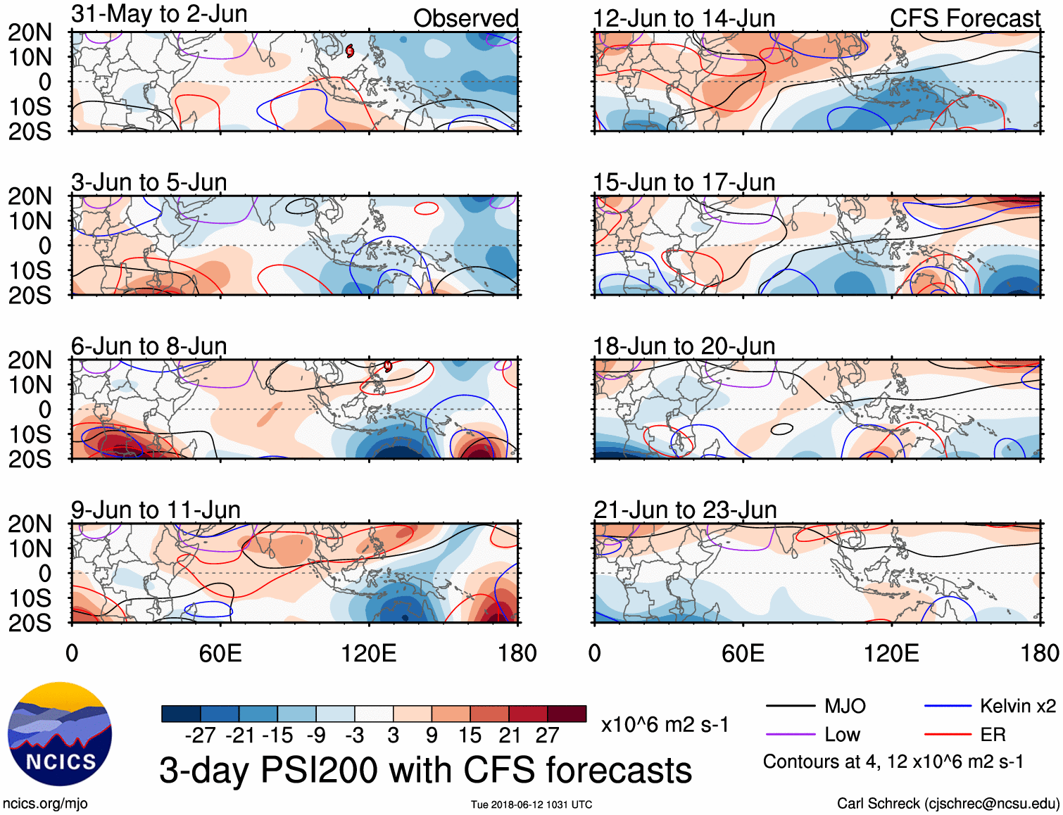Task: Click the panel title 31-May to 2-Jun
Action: click(x=159, y=14)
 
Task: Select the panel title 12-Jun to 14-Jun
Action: click(x=684, y=19)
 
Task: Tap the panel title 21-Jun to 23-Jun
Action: click(x=685, y=510)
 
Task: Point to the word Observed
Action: click(x=465, y=18)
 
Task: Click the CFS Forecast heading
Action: click(x=964, y=19)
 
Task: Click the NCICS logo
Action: click(x=60, y=733)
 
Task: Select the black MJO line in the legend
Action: click(x=790, y=706)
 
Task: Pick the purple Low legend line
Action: click(x=790, y=735)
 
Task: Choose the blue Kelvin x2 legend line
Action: click(x=948, y=706)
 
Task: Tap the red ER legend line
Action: click(x=948, y=735)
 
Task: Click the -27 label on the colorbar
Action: click(x=200, y=735)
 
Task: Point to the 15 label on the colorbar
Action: click(x=470, y=735)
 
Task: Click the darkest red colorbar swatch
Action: click(x=567, y=714)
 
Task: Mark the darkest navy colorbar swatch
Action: click(x=181, y=714)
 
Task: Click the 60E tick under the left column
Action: click(x=220, y=653)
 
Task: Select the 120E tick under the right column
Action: click(x=891, y=653)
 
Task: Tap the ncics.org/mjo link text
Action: click(x=45, y=804)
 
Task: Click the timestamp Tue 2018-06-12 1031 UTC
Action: click(x=531, y=804)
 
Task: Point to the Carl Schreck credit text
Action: click(x=948, y=804)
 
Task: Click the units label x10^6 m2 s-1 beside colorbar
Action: click(x=665, y=724)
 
